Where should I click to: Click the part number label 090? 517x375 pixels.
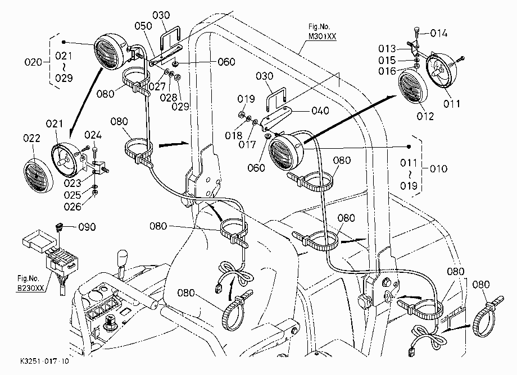[x=87, y=227]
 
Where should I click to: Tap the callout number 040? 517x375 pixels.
[x=320, y=110]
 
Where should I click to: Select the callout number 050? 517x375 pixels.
[x=143, y=26]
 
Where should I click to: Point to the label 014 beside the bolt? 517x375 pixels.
[x=439, y=33]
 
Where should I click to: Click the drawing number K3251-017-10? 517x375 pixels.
[x=44, y=361]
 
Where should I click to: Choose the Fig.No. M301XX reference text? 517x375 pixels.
[x=322, y=31]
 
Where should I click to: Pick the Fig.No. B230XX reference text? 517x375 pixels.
[x=31, y=283]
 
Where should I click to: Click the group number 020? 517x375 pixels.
[x=33, y=62]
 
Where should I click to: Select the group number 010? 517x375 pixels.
[x=439, y=169]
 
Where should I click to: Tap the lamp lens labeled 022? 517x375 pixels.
[x=38, y=176]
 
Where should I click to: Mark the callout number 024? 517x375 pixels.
[x=93, y=135]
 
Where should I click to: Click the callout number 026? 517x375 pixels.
[x=72, y=207]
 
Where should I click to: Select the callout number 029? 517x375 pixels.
[x=180, y=106]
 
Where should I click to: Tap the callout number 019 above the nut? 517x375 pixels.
[x=246, y=99]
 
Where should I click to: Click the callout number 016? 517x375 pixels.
[x=387, y=71]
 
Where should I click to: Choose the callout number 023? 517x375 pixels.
[x=72, y=183]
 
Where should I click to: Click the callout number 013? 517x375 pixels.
[x=387, y=49]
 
